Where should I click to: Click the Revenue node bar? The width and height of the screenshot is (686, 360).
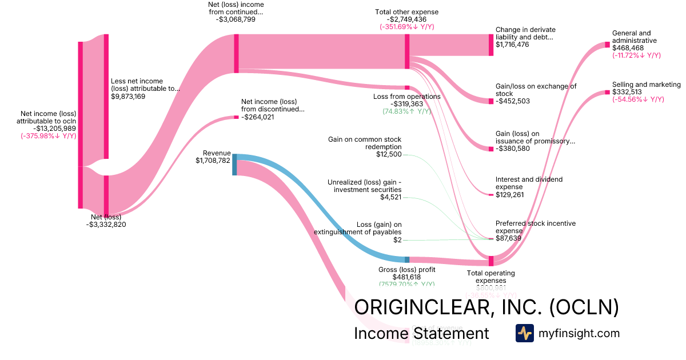pyautogui.click(x=234, y=164)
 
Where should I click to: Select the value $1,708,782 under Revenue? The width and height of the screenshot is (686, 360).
pyautogui.click(x=213, y=161)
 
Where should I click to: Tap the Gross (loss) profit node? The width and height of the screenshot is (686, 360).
pyautogui.click(x=407, y=259)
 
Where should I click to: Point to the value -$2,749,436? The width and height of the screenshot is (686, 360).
pyautogui.click(x=407, y=19)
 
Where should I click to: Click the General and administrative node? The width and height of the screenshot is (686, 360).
pyautogui.click(x=608, y=45)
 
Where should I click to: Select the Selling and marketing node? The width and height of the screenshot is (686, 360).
pyautogui.click(x=608, y=92)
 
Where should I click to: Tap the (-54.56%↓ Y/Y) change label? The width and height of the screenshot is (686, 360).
pyautogui.click(x=638, y=99)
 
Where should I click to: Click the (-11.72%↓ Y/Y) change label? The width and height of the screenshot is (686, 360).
pyautogui.click(x=636, y=55)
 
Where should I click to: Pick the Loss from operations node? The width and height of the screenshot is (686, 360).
pyautogui.click(x=407, y=87)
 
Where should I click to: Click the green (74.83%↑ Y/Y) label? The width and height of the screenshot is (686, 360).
pyautogui.click(x=407, y=111)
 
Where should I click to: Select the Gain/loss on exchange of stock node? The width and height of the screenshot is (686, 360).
pyautogui.click(x=490, y=101)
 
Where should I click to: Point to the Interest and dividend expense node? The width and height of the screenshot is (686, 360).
pyautogui.click(x=490, y=195)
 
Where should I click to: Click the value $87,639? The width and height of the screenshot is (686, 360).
pyautogui.click(x=508, y=238)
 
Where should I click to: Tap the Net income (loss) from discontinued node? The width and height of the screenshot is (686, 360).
pyautogui.click(x=236, y=117)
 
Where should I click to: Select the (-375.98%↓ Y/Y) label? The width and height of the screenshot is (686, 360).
pyautogui.click(x=49, y=136)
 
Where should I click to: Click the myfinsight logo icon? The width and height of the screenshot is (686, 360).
pyautogui.click(x=525, y=333)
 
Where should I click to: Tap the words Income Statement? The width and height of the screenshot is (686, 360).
pyautogui.click(x=421, y=334)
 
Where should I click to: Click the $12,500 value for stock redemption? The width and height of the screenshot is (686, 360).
pyautogui.click(x=389, y=154)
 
